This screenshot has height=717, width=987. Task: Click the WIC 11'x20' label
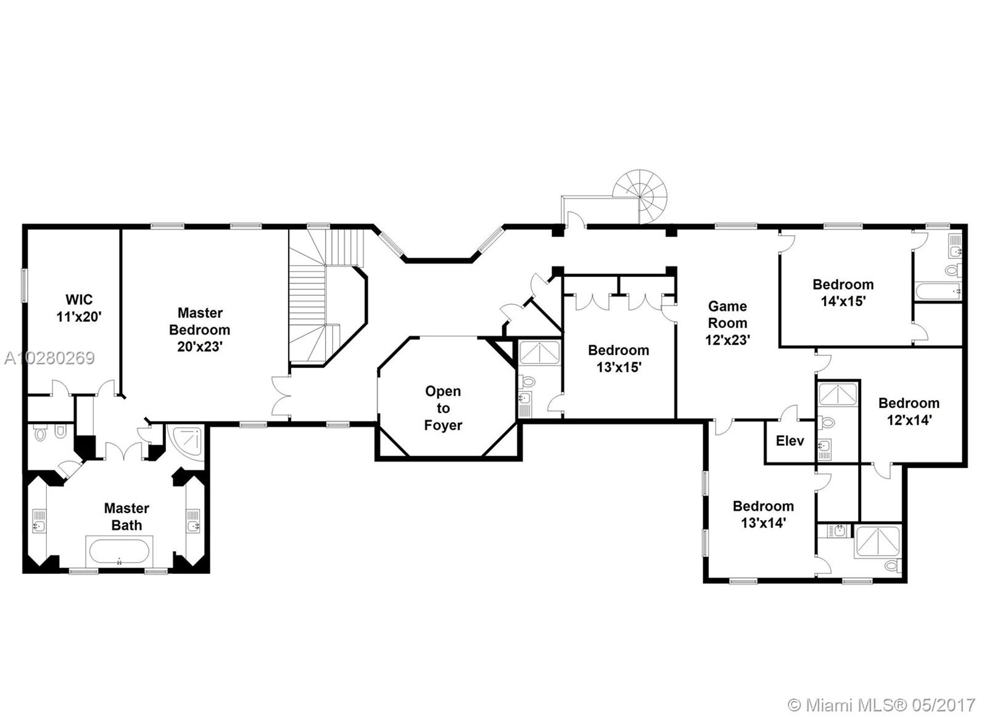[79, 308]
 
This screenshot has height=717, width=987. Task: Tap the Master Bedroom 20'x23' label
[199, 330]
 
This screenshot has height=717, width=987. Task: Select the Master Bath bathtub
[119, 551]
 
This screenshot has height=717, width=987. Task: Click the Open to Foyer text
[443, 408]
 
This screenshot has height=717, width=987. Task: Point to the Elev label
[790, 441]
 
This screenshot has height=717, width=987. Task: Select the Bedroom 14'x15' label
[843, 293]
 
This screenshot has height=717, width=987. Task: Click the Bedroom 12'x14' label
[909, 411]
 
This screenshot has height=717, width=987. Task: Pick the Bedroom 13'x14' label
[763, 514]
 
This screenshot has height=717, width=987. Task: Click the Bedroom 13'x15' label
[618, 358]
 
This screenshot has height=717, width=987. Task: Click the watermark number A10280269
[49, 358]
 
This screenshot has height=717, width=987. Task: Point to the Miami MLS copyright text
[882, 705]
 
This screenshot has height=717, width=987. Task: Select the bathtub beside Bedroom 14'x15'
[937, 291]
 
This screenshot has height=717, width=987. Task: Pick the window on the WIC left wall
[25, 285]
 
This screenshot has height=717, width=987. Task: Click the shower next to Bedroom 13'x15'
[539, 353]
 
